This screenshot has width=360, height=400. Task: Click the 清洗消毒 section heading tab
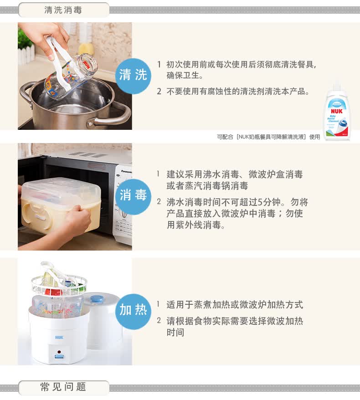[64, 10]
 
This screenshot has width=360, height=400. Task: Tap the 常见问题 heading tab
[64, 387]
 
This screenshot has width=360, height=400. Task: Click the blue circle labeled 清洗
[133, 76]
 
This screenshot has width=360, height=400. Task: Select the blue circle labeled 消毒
[133, 196]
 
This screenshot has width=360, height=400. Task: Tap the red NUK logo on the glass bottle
[87, 63]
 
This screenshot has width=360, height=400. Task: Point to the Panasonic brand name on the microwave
[127, 171]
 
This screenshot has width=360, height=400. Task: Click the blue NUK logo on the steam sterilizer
[59, 337]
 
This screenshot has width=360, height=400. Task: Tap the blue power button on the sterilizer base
[59, 356]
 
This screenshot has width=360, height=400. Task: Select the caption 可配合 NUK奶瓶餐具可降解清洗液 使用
[268, 137]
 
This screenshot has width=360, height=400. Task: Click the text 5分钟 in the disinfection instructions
[269, 202]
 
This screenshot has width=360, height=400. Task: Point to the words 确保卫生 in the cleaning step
[183, 76]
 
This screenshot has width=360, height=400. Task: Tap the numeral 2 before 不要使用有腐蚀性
[159, 91]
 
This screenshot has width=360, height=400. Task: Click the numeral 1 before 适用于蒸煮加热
[159, 304]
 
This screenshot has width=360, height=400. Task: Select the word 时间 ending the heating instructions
[175, 333]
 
